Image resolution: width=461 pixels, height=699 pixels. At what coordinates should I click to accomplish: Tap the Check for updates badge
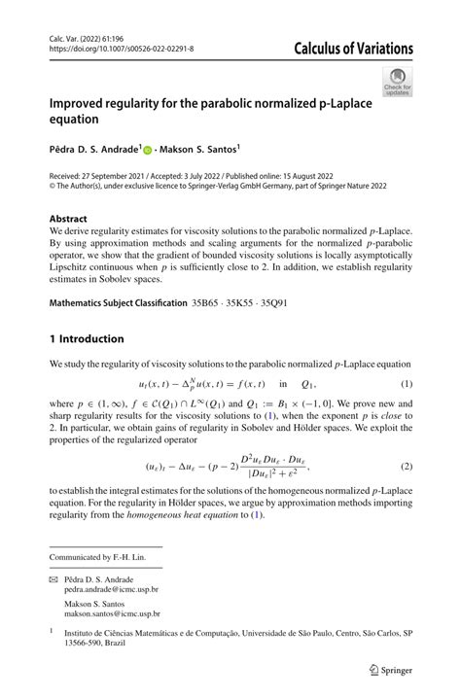[397, 81]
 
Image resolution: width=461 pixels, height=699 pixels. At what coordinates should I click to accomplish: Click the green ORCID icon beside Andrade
[148, 151]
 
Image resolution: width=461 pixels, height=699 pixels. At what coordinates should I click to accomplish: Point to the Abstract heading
[68, 220]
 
